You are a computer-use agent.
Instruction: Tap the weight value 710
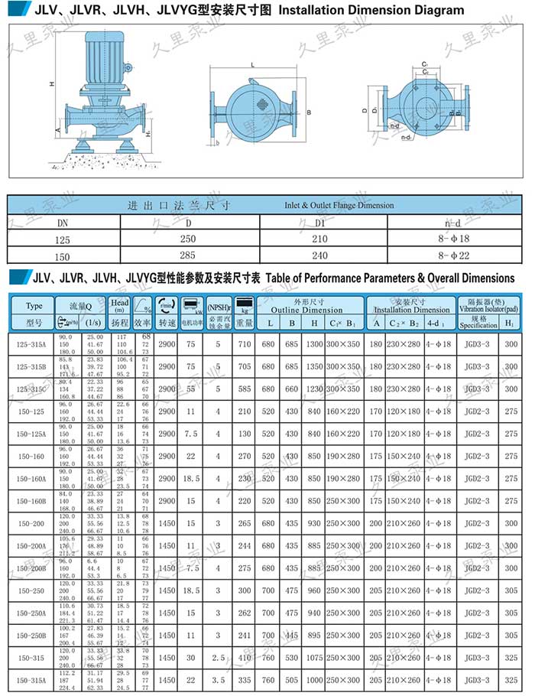point(244,345)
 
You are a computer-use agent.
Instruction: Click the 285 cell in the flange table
point(188,257)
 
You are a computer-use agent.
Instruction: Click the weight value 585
point(244,389)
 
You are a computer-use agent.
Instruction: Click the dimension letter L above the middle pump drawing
point(252,67)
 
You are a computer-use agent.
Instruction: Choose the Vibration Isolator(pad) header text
point(489,305)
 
